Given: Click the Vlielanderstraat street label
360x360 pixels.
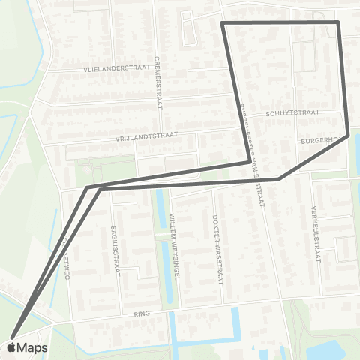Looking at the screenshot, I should click(116, 67).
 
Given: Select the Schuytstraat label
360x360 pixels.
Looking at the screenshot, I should click(292, 113).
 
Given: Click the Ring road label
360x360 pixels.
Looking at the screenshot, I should click(142, 313).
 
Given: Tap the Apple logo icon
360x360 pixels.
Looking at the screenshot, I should click(12, 347).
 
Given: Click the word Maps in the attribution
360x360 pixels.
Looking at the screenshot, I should click(32, 347).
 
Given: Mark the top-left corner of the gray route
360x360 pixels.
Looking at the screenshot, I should click(223, 24).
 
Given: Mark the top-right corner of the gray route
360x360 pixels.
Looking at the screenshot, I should click(338, 23).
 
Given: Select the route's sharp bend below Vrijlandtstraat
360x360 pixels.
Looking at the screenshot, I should click(249, 160).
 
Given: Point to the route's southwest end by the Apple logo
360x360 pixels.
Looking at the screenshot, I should click(13, 335).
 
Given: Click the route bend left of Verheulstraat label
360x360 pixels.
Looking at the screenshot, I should click(279, 179).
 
